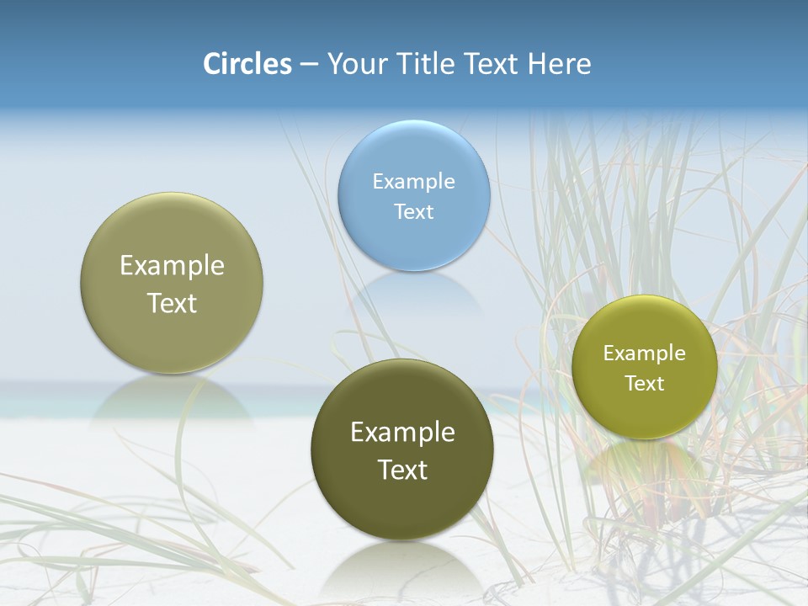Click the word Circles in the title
click(247, 64)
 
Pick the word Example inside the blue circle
click(414, 181)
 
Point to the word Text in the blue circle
click(414, 211)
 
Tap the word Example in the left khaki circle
click(172, 266)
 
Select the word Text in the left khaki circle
click(172, 303)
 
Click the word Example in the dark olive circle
click(402, 433)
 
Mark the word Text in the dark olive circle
click(402, 470)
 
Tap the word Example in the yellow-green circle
click(645, 353)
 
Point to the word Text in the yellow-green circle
click(645, 384)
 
